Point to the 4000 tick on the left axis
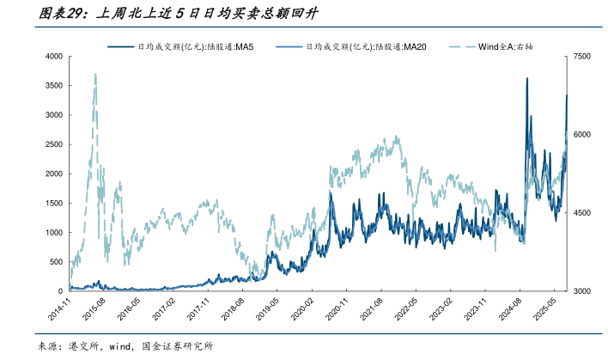click(54, 56)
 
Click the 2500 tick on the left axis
click(54, 144)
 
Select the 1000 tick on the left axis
click(54, 233)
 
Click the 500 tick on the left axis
click(56, 262)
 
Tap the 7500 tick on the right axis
click(584, 56)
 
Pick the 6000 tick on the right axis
click(584, 135)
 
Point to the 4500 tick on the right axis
click(584, 213)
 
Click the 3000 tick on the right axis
click(584, 292)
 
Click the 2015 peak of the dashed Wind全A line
click(94, 75)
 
